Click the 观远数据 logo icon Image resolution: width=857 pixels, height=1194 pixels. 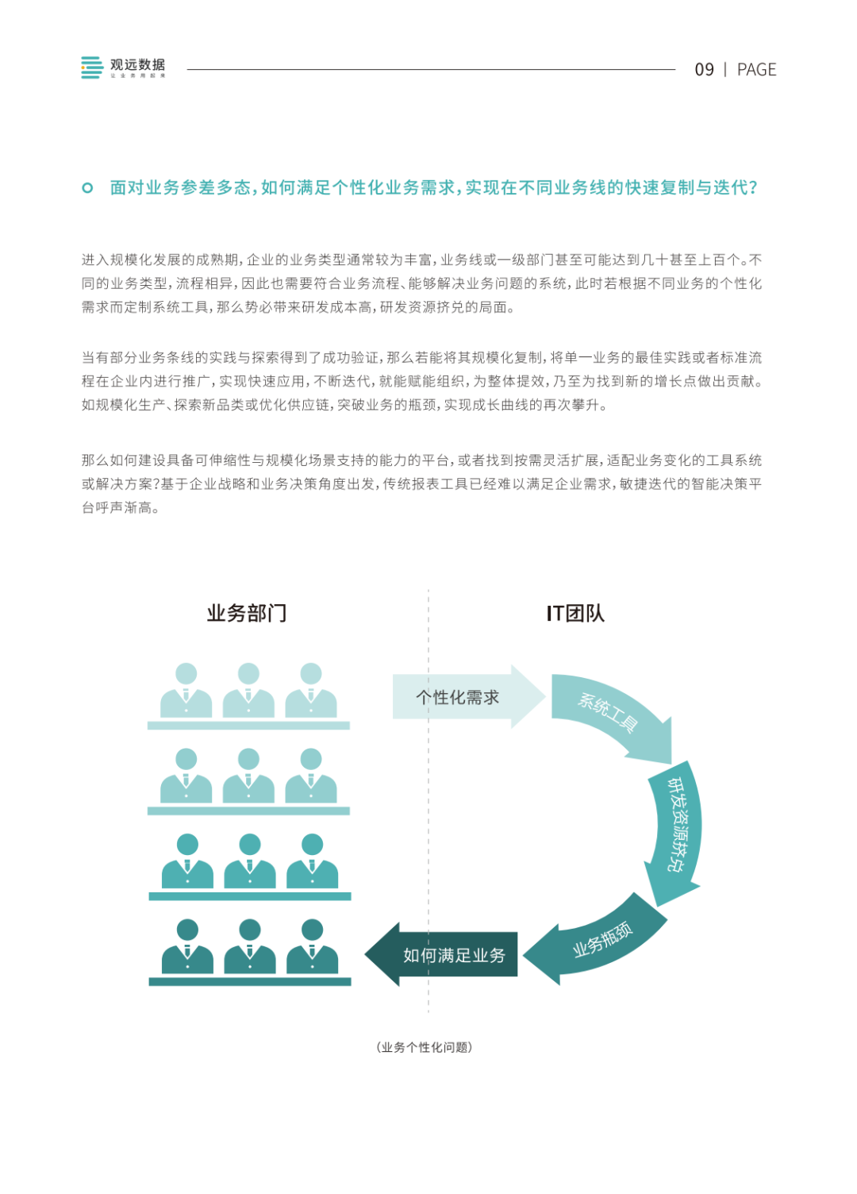[91, 67]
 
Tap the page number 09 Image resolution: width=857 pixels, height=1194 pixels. [704, 70]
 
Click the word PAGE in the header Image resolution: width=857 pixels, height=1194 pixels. [756, 70]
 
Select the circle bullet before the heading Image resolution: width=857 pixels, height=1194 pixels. [87, 188]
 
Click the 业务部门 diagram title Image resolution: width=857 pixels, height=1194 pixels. [247, 613]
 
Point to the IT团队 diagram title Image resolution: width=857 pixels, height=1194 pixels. [575, 613]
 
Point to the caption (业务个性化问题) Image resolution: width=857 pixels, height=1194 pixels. [425, 1047]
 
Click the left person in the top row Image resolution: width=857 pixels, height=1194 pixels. [186, 691]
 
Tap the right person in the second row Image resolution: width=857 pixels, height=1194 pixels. [311, 776]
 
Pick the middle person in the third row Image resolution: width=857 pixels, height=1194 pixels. [249, 862]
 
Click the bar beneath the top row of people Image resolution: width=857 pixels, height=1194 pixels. [248, 726]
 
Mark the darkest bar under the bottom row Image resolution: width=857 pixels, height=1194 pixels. [249, 982]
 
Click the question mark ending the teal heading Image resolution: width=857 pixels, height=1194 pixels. [752, 188]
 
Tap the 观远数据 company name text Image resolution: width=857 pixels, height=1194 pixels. [137, 65]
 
